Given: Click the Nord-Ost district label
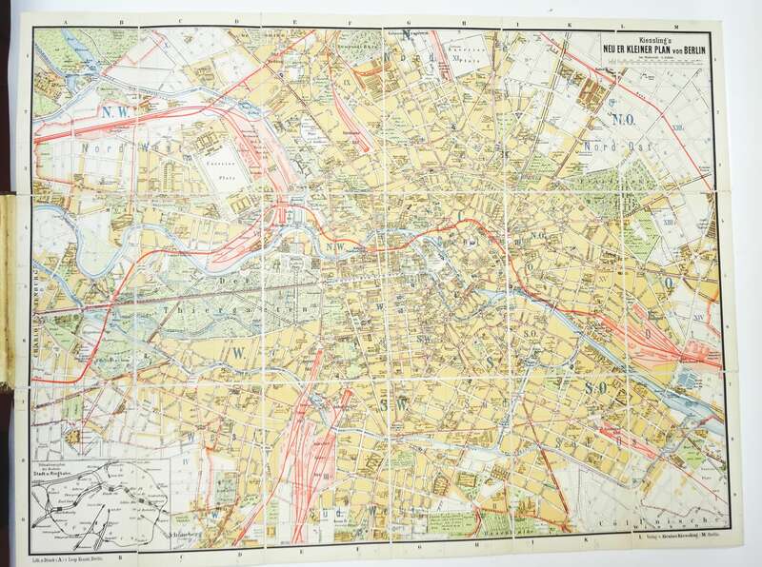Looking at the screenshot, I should [618, 148].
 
